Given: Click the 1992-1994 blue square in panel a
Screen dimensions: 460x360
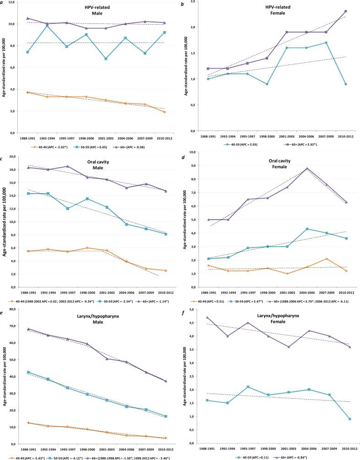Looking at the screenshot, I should (46, 26).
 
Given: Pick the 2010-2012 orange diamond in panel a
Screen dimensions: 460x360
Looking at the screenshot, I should (163, 112).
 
